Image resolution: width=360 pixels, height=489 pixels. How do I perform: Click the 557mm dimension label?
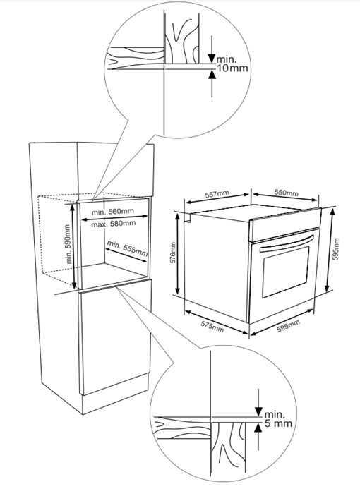pyautogui.click(x=217, y=194)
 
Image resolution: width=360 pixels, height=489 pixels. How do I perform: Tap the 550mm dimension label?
pyautogui.click(x=286, y=193)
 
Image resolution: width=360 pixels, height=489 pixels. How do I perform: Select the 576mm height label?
pyautogui.click(x=174, y=253)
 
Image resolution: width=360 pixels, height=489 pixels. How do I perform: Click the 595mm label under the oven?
pyautogui.click(x=288, y=326)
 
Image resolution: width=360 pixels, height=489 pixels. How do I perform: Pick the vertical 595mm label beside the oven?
pyautogui.click(x=336, y=249)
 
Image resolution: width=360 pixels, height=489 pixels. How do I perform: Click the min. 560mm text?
pyautogui.click(x=112, y=212)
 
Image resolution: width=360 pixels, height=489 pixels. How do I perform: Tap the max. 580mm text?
pyautogui.click(x=113, y=224)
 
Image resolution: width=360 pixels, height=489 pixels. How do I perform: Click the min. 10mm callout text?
pyautogui.click(x=232, y=64)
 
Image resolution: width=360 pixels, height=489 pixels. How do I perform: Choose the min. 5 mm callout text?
pyautogui.click(x=278, y=419)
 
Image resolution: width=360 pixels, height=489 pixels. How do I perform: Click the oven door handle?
pyautogui.click(x=287, y=243)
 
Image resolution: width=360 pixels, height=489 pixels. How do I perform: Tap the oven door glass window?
pyautogui.click(x=285, y=272)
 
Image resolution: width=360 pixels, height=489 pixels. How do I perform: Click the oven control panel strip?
pyautogui.click(x=284, y=224)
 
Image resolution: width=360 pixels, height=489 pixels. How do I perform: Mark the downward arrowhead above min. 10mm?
pyautogui.click(x=212, y=59)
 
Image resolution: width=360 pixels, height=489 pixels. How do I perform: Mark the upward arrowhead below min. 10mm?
pyautogui.click(x=212, y=74)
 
